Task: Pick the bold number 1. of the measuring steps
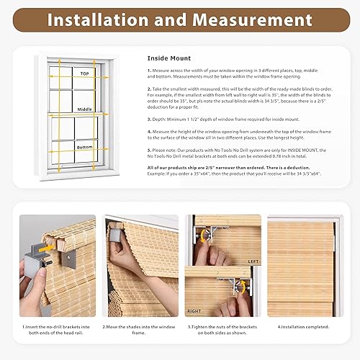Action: (x=149, y=71)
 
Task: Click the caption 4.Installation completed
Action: (x=300, y=325)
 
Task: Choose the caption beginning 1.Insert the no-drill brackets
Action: (x=56, y=329)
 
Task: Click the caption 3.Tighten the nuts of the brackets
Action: (x=222, y=329)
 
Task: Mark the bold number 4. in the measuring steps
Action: (x=149, y=131)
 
